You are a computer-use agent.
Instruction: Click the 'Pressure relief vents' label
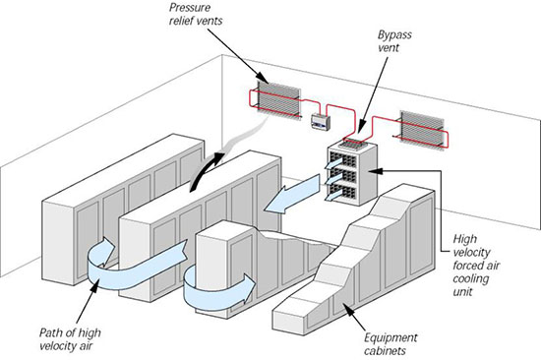196,14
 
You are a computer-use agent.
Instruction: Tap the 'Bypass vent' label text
394,40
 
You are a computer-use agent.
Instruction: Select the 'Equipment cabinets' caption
391,344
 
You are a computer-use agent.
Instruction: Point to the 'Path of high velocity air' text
70,339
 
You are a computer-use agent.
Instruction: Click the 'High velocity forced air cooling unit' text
476,265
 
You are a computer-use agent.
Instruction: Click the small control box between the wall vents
321,122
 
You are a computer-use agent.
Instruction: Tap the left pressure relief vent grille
278,99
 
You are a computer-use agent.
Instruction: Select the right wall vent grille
422,129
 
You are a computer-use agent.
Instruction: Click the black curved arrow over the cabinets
207,171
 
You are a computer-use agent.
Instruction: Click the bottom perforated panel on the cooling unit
342,192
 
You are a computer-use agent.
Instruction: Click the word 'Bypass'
394,35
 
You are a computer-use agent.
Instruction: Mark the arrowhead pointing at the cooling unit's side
375,170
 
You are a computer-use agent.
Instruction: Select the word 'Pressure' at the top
190,8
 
